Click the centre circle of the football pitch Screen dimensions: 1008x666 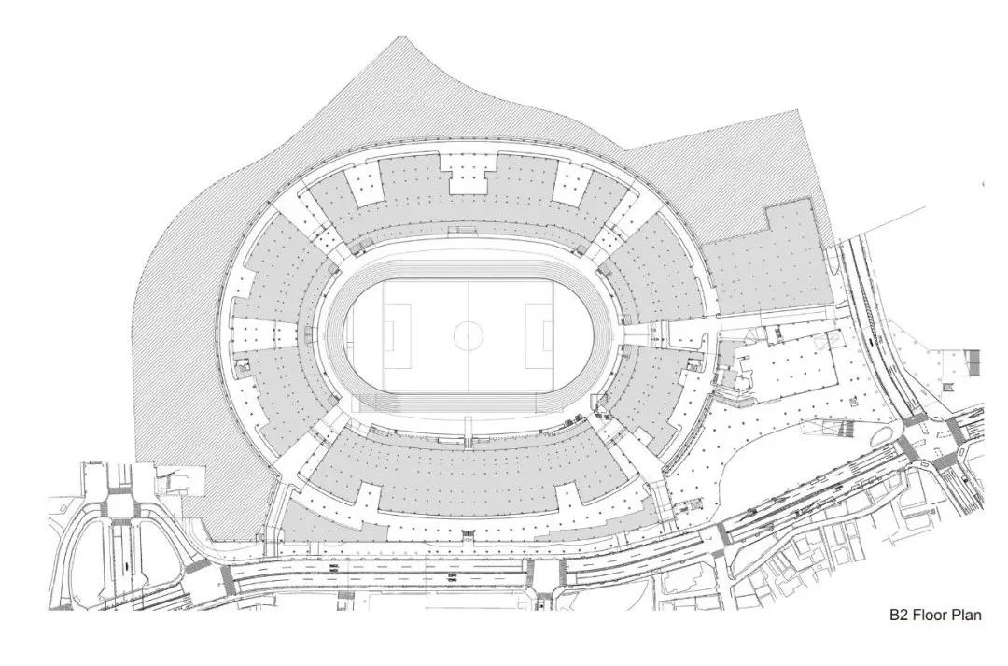pyautogui.click(x=467, y=334)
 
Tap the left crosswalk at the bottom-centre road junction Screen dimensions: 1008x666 pyautogui.click(x=529, y=575)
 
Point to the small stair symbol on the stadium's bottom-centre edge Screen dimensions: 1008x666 pyautogui.click(x=467, y=534)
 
